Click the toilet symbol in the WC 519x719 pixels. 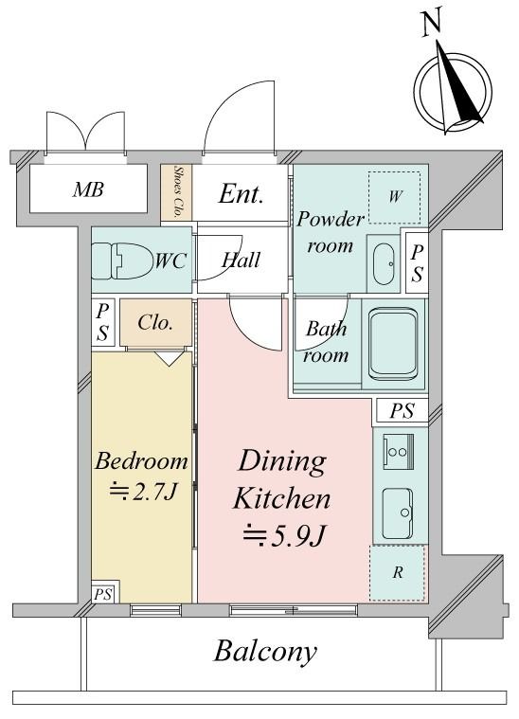(120, 261)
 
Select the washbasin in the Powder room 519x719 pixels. (384, 263)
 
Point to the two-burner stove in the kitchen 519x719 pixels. (398, 451)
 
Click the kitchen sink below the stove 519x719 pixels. (398, 513)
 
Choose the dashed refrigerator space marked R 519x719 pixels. (397, 573)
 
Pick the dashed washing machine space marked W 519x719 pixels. (394, 197)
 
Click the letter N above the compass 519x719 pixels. (431, 24)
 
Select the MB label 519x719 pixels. (88, 189)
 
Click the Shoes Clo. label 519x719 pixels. (177, 191)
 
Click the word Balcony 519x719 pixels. (265, 652)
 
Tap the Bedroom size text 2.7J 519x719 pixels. (143, 493)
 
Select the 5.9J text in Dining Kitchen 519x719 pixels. (284, 535)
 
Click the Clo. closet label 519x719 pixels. (155, 323)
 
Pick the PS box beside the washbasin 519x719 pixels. (417, 263)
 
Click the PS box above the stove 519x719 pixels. (402, 410)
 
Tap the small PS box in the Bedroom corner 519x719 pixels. (103, 594)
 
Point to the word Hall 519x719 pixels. (241, 261)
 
